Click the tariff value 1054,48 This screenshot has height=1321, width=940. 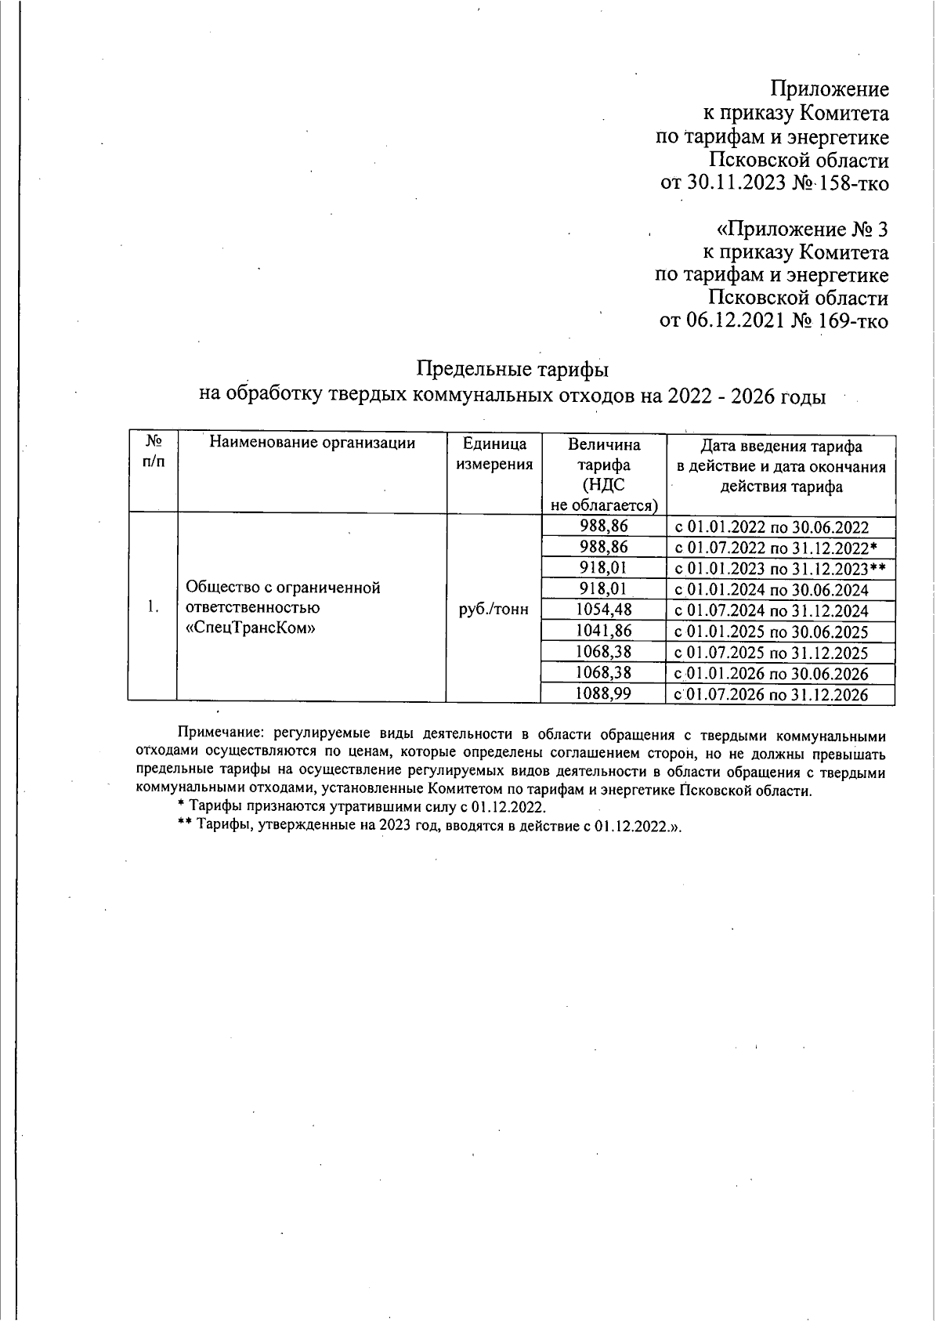tap(603, 610)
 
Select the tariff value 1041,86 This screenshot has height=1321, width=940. tap(603, 631)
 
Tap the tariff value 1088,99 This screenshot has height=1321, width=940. tap(603, 693)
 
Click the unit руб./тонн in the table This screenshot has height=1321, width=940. tap(493, 610)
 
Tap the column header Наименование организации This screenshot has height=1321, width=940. tap(312, 443)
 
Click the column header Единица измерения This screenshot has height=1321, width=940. tap(493, 454)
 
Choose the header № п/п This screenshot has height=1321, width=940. tap(154, 452)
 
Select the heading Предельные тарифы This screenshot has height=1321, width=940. tap(512, 368)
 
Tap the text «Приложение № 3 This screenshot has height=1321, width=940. tap(802, 230)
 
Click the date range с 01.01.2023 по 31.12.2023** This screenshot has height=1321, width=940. tap(779, 569)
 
